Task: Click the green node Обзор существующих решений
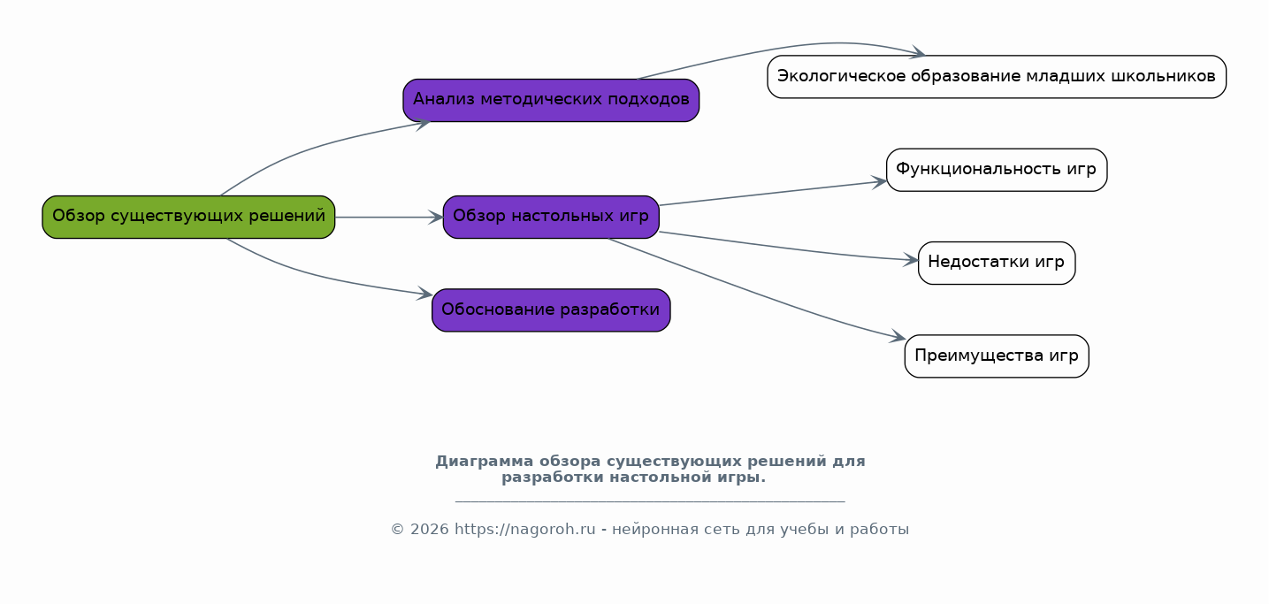coord(188,217)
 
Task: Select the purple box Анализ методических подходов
coord(551,100)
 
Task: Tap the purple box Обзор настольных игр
coord(551,217)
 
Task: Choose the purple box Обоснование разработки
coord(551,310)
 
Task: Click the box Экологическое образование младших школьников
coord(997,77)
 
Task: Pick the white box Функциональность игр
coord(997,170)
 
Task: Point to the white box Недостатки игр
coord(997,264)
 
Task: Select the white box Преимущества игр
coord(997,356)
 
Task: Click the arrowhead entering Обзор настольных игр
coord(436,217)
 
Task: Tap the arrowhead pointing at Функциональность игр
coord(879,182)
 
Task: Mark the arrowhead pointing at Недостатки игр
coord(910,260)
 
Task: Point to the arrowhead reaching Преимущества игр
coord(898,337)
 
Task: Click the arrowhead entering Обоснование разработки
coord(424,294)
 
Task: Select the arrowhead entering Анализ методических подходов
coord(423,124)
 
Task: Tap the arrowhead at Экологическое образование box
coord(918,53)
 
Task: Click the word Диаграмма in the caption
coord(485,462)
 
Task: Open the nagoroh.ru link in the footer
coord(525,529)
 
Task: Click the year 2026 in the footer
coord(430,529)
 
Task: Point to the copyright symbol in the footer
coord(398,529)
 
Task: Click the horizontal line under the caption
coord(650,501)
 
